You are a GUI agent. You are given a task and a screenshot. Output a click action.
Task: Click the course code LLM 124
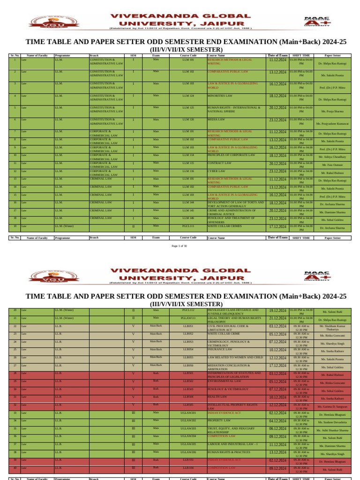point(188,96)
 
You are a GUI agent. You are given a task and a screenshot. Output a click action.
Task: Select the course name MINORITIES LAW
point(220,96)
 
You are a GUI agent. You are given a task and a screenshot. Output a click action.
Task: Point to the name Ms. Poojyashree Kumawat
point(332,124)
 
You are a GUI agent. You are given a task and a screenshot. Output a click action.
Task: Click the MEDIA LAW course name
point(216,120)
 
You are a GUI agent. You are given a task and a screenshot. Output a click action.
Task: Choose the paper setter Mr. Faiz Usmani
point(332,165)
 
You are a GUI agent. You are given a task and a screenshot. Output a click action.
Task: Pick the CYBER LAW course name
point(216,171)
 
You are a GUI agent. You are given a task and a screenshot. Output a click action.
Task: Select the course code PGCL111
point(188,226)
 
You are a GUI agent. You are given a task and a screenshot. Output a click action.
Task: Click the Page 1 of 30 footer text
point(180,246)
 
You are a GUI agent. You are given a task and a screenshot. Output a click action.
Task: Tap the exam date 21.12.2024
point(277,318)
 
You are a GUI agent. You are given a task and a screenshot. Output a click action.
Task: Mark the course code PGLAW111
point(188,318)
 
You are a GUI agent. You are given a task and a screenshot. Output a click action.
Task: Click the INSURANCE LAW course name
point(220,349)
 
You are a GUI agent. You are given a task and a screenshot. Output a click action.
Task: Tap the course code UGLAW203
point(188,428)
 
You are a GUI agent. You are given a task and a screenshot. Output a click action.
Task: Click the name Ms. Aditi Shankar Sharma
point(332,430)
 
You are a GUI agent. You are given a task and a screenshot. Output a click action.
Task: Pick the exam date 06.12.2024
point(277,429)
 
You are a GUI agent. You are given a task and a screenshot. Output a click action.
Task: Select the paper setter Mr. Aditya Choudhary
point(332,157)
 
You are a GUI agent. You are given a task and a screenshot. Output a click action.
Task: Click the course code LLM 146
point(188,218)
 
